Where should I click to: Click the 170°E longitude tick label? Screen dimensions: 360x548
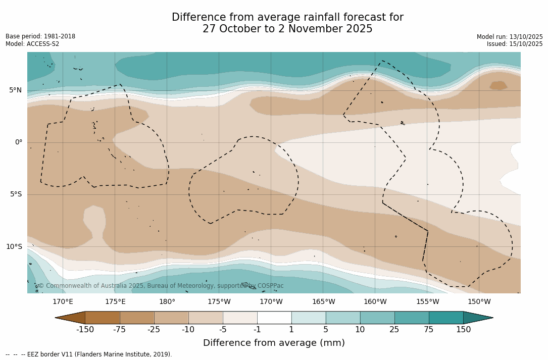coord(63,302)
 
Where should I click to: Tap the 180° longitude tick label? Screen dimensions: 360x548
coord(167,302)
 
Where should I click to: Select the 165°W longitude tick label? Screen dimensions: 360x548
coord(323,302)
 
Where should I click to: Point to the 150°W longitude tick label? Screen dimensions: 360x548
coord(479,302)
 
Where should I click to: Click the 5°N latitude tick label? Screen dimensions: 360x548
coord(15,90)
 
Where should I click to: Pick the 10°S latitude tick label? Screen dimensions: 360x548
coord(14,247)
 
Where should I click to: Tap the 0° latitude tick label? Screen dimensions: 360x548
coord(18,142)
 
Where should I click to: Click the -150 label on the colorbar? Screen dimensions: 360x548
coord(85,330)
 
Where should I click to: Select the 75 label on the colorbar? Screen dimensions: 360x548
coord(429,330)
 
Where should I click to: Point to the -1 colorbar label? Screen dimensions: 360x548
coord(257,330)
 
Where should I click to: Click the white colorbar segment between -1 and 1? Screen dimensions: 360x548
coord(274,318)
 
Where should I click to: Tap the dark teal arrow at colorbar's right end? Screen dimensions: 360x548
coord(477,318)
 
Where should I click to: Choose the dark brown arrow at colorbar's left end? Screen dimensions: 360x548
coord(71,318)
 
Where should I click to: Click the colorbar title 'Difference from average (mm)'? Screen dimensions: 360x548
coord(274,343)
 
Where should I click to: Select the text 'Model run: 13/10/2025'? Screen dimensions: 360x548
coord(510,37)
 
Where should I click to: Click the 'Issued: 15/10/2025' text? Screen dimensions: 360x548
coord(515,44)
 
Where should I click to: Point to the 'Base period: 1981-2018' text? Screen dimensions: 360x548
coord(40,36)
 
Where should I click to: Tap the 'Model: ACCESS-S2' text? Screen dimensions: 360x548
coord(32,44)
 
